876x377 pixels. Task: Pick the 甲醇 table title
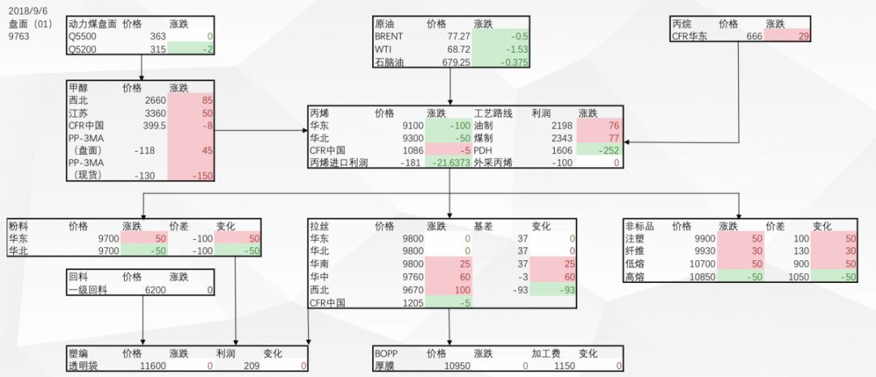(x=79, y=86)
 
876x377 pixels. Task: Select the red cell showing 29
(x=803, y=36)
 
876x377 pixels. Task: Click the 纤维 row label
(x=635, y=251)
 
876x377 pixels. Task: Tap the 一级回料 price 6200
(x=156, y=289)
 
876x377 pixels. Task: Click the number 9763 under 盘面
(x=19, y=36)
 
